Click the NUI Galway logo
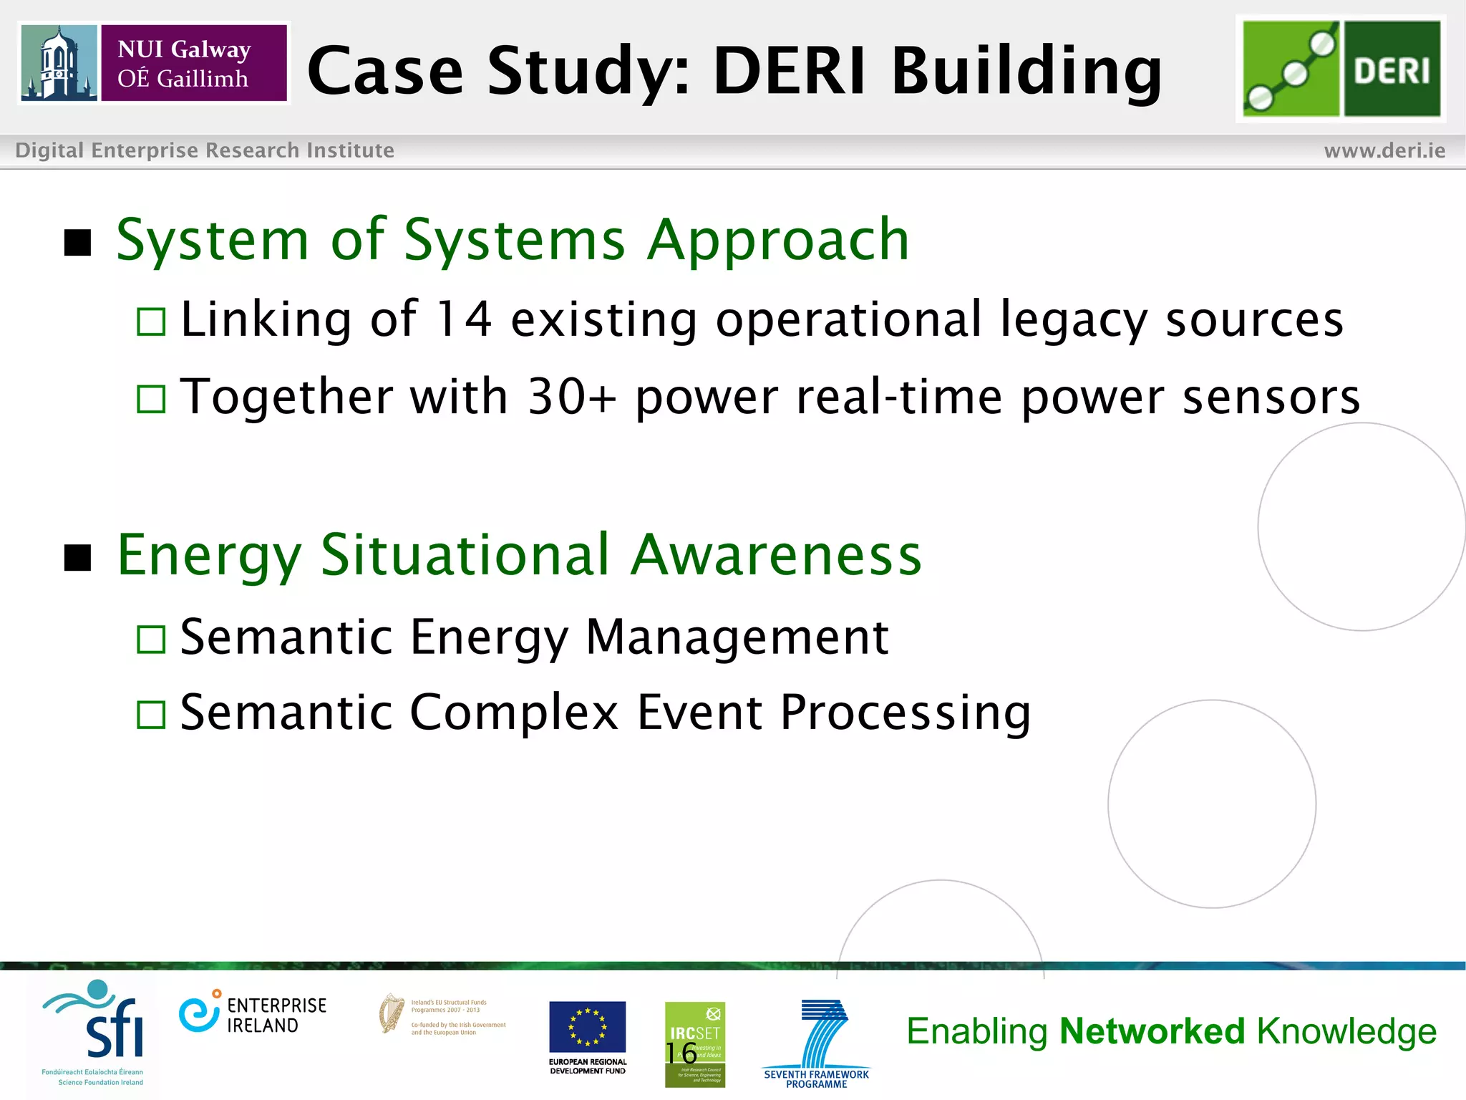(x=154, y=63)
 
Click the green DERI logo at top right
(x=1341, y=69)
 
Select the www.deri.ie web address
(x=1384, y=150)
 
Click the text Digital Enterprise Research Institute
(x=205, y=150)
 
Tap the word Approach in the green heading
(x=777, y=240)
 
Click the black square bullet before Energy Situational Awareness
(x=77, y=557)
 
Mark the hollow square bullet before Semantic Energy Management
(x=151, y=639)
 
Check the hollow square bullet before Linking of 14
(x=151, y=322)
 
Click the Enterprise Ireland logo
(x=253, y=1013)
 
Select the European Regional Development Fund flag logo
(x=587, y=1036)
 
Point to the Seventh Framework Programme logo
(x=817, y=1042)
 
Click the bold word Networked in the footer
(x=1152, y=1031)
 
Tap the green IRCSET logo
(x=695, y=1043)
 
